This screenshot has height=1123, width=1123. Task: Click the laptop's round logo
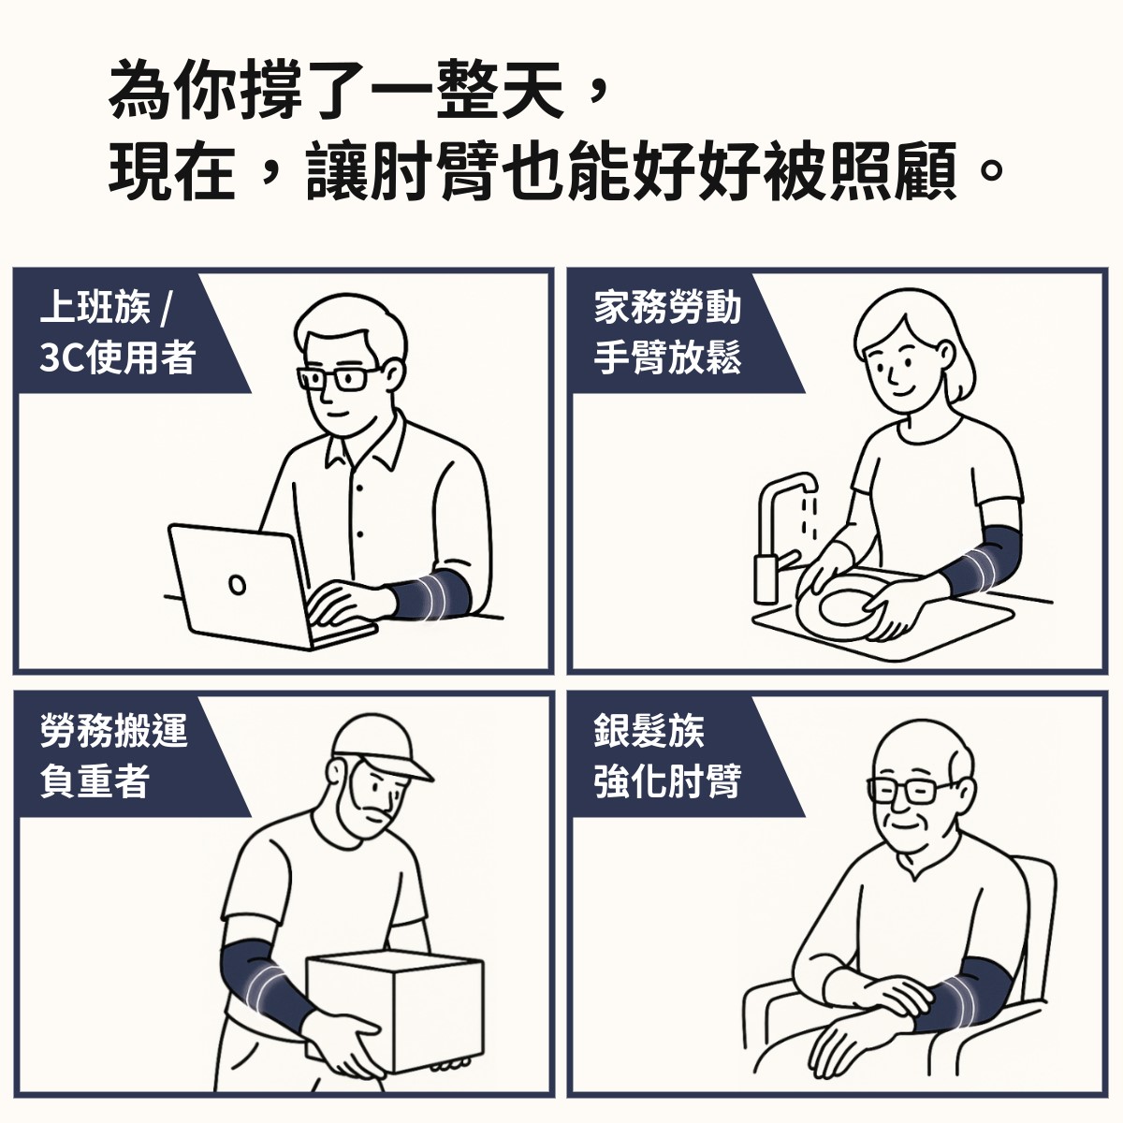237,584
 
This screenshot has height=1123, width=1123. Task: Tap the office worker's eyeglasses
338,379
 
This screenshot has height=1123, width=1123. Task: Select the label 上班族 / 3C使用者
117,332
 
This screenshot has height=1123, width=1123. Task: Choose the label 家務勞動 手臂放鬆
667,332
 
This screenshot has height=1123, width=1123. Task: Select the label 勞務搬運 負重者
113,755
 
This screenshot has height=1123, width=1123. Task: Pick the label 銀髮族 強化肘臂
667,755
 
